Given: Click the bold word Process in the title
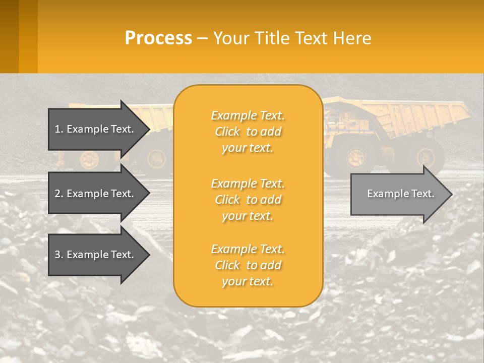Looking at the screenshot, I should (158, 38).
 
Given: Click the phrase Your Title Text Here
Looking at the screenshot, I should (292, 38).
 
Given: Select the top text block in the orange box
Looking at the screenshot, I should (248, 132).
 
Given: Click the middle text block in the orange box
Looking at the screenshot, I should (248, 200).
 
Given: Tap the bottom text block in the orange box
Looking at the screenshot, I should (248, 265).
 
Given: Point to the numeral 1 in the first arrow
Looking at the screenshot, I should (57, 129).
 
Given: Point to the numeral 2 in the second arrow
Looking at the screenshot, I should (57, 194).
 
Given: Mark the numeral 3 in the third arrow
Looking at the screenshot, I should (57, 255).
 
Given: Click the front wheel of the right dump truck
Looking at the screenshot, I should (356, 158).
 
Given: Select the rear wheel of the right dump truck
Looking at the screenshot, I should (429, 157).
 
